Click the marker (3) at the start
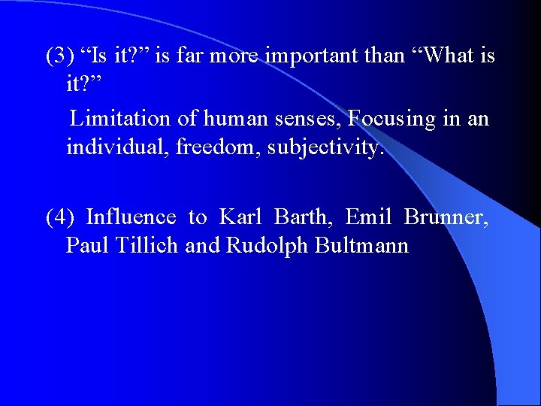(x=59, y=56)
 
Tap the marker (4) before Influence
(x=59, y=218)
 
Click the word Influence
(x=131, y=218)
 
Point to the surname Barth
(x=303, y=218)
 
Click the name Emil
(x=367, y=218)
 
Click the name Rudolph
(x=264, y=246)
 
